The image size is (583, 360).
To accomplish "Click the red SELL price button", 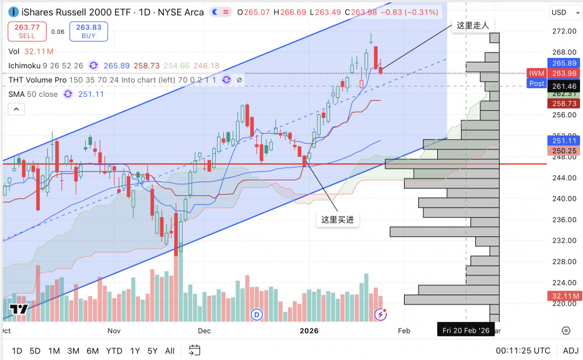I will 27,32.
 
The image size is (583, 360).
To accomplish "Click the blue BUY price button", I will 89,32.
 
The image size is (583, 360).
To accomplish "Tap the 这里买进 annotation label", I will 338,220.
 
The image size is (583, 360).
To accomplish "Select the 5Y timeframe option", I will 152,351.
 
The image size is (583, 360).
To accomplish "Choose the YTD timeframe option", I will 114,351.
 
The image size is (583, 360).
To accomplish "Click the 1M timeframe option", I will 54,351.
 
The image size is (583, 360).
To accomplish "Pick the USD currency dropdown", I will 563,12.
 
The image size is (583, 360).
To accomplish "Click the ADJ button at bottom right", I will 571,351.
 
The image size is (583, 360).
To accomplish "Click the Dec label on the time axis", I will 204,331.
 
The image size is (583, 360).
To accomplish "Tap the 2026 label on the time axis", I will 309,331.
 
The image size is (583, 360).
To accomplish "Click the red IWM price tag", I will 536,73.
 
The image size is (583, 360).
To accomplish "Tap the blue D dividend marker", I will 257,314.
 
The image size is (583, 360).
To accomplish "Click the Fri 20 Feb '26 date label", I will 466,330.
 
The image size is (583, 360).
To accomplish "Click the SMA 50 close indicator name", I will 33,94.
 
